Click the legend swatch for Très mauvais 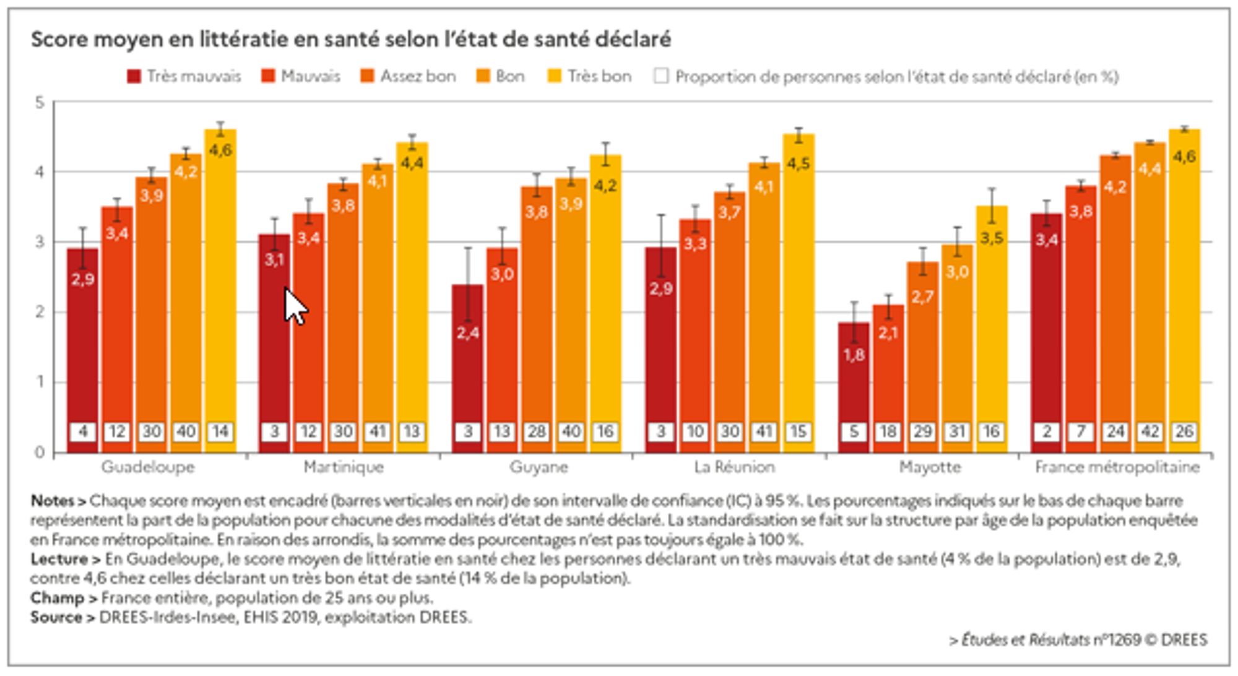[x=134, y=77]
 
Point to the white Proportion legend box [x=661, y=77]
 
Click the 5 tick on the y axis [x=40, y=102]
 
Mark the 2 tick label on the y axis [x=40, y=312]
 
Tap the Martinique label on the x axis [x=344, y=467]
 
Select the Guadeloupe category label [x=148, y=467]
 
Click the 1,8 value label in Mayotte [x=854, y=355]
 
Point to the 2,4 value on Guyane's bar [x=467, y=333]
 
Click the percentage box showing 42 [x=1150, y=431]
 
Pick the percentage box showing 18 [x=888, y=431]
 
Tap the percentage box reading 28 [x=536, y=431]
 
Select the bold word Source [x=56, y=618]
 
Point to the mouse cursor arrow [x=295, y=306]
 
